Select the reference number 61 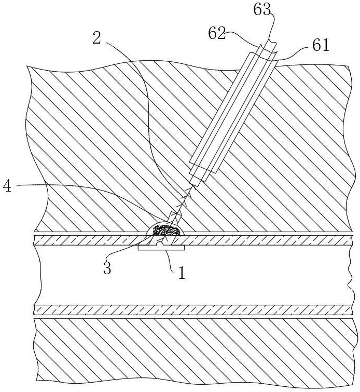coord(321,46)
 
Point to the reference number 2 coord(96,37)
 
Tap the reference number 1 coord(181,273)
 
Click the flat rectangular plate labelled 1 coord(161,248)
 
